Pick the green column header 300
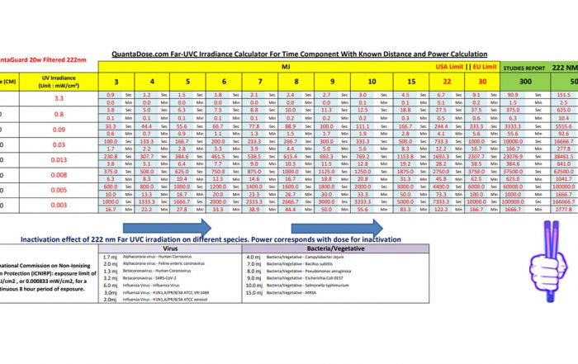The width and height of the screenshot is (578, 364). (x=502, y=81)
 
